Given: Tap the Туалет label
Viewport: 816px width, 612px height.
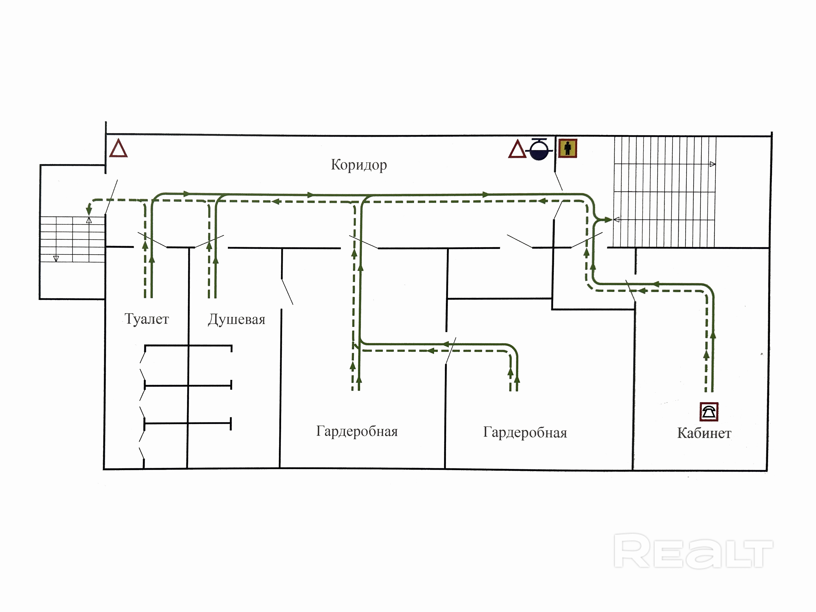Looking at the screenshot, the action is [x=147, y=319].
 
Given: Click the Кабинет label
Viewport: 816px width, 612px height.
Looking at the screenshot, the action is [x=704, y=433].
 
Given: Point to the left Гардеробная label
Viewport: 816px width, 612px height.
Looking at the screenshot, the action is [x=357, y=431].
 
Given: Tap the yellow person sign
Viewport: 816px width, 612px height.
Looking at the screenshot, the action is [x=567, y=148].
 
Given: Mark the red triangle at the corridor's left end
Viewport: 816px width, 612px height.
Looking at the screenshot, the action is [x=118, y=149].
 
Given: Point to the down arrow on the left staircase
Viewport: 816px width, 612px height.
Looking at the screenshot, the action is [x=56, y=259].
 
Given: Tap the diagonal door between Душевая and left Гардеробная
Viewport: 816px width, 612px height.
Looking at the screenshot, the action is [x=287, y=291].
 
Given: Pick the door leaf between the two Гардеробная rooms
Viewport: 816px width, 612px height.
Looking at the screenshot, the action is [x=451, y=351].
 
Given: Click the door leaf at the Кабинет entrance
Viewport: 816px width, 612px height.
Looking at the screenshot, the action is [x=631, y=290].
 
